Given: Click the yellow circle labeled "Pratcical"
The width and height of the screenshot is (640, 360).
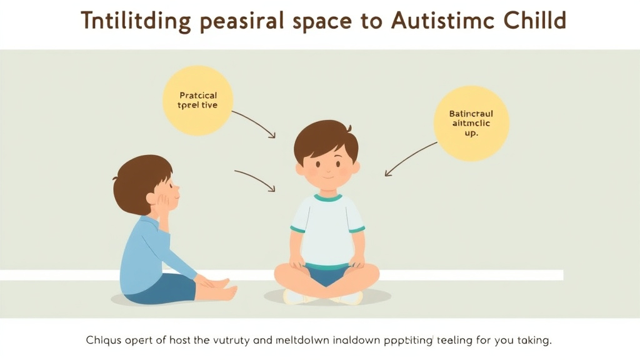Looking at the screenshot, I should coord(197,100).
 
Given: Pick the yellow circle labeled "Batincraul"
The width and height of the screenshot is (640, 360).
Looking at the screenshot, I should coord(471,124).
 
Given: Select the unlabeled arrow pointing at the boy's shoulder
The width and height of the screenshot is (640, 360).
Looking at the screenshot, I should coord(254,179).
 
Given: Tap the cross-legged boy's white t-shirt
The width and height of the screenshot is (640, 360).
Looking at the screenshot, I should coord(327,228).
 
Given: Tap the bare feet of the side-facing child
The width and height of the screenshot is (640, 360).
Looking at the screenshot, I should coord(222,289).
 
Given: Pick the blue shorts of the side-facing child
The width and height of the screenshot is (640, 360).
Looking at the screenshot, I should coord(166,289).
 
